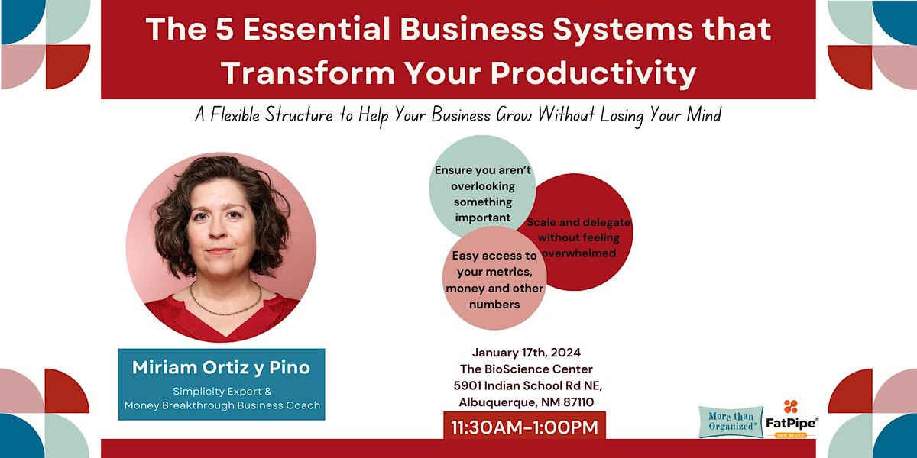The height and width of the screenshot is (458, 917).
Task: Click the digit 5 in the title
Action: pyautogui.click(x=224, y=30)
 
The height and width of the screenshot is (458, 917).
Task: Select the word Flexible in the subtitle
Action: pyautogui.click(x=235, y=115)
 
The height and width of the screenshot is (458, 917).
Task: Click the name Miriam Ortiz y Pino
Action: pyautogui.click(x=221, y=367)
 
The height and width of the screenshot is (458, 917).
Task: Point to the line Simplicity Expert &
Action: pyautogui.click(x=222, y=392)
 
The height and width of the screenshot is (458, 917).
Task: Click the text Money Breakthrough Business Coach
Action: pyautogui.click(x=222, y=405)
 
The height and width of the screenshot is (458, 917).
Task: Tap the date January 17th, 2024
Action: pyautogui.click(x=526, y=353)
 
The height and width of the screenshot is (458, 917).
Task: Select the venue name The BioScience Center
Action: pyautogui.click(x=526, y=369)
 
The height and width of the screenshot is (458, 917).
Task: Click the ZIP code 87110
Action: pyautogui.click(x=578, y=402)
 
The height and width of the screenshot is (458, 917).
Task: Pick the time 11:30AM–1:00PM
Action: pyautogui.click(x=524, y=427)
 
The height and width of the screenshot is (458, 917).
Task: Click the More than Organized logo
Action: pyautogui.click(x=731, y=421)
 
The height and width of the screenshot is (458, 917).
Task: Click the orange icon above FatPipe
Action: pyautogui.click(x=790, y=406)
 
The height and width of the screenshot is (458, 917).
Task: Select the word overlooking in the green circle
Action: pyautogui.click(x=483, y=186)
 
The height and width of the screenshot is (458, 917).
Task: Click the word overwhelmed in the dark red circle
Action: pyautogui.click(x=579, y=253)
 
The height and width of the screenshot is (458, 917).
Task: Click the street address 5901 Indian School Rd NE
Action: pyautogui.click(x=528, y=385)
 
